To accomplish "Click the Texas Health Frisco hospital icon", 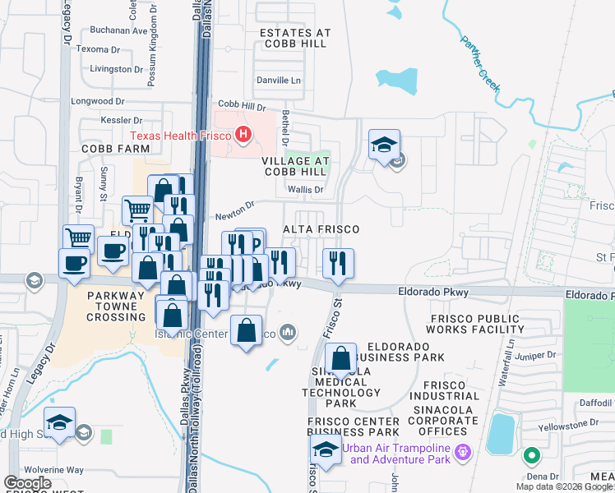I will pos(243,135).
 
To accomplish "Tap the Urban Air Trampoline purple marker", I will pos(463,452).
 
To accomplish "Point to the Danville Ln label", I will pos(280,81).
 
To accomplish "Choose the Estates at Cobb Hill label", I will pos(295,39).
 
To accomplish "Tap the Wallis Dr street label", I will pos(306,189).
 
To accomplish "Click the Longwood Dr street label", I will pos(97,102).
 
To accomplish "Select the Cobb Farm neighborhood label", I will pos(115,149).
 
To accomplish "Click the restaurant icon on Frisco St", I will pos(338,263).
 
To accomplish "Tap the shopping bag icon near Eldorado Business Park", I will pos(340,359).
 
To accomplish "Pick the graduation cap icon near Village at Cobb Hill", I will pos(383,145).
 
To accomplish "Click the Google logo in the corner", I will pos(27,483).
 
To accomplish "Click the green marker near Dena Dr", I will pos(532,454).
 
